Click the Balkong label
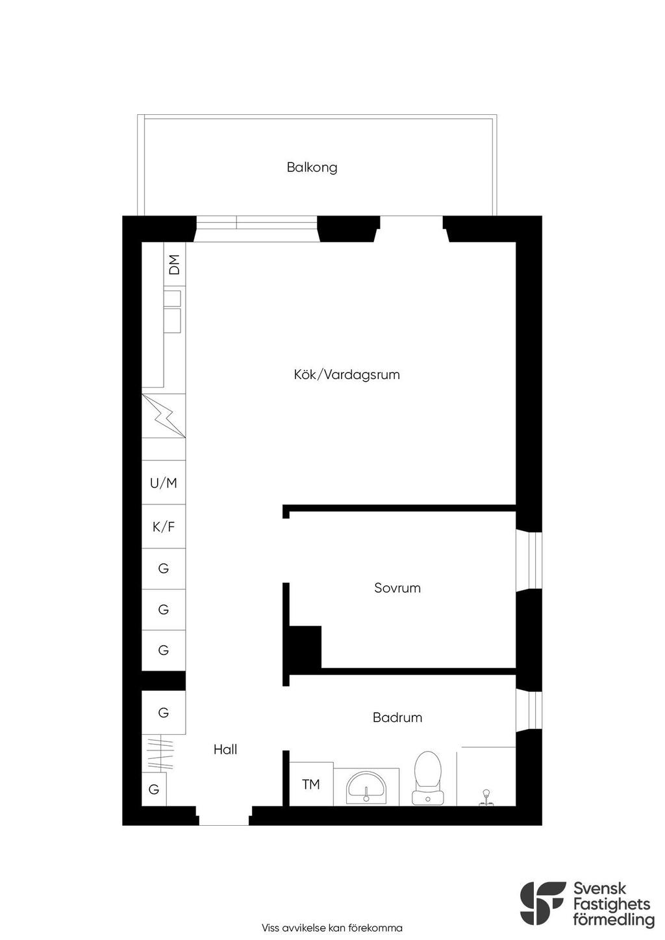(312, 167)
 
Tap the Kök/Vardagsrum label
(347, 375)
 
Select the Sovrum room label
(397, 587)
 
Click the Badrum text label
(397, 717)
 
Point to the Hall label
(225, 749)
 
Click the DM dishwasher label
(174, 265)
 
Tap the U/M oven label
(163, 483)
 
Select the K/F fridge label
(163, 526)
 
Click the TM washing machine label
(310, 784)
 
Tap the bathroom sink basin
(366, 787)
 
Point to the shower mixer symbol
(486, 797)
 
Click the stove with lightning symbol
(164, 416)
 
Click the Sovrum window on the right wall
(529, 562)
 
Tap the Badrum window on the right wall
(529, 711)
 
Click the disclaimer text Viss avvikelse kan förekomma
(332, 928)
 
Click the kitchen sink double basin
(173, 312)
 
